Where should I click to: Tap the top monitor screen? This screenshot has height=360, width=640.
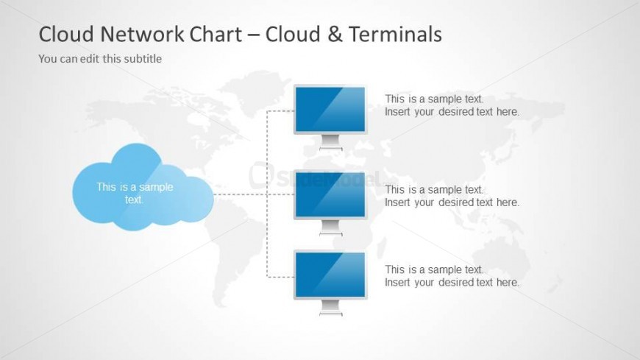(x=330, y=108)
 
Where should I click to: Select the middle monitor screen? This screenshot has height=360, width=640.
(x=330, y=194)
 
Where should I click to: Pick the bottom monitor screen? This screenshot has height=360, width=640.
(x=330, y=274)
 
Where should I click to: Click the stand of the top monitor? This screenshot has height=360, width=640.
(x=330, y=142)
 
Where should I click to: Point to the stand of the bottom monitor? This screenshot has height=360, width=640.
(x=330, y=308)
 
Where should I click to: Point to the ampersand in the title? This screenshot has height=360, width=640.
(x=334, y=34)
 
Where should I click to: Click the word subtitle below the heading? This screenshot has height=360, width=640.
(x=143, y=58)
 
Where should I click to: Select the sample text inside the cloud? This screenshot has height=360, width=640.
(x=135, y=193)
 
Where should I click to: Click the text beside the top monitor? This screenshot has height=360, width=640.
(x=452, y=105)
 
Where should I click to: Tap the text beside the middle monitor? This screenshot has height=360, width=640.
(x=452, y=196)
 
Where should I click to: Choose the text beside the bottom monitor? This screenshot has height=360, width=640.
(x=452, y=276)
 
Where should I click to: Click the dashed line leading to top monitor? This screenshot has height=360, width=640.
(x=280, y=110)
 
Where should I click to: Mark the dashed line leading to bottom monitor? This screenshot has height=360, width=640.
(x=280, y=277)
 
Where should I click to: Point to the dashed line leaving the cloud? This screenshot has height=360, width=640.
(x=239, y=194)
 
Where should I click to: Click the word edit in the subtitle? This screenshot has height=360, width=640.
(x=90, y=58)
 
